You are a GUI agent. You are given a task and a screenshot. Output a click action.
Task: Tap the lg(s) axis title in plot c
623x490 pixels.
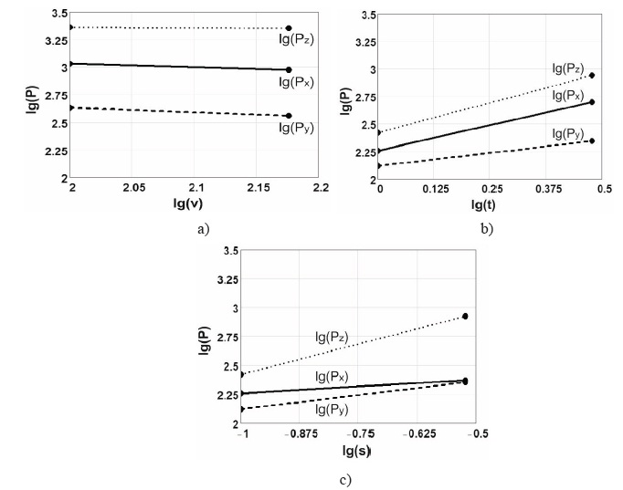tap(356, 451)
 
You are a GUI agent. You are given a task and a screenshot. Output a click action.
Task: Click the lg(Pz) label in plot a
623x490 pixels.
tap(297, 40)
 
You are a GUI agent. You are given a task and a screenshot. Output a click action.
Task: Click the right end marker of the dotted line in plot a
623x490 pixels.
tap(289, 28)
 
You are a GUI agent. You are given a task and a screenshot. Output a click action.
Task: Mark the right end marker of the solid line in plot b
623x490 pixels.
tap(592, 101)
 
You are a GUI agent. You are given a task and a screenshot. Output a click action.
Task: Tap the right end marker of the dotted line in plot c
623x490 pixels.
tap(465, 316)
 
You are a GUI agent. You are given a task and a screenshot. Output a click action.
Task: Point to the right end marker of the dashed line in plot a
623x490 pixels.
tap(289, 116)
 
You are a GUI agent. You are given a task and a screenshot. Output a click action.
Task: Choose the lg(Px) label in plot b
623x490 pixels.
tap(569, 95)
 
